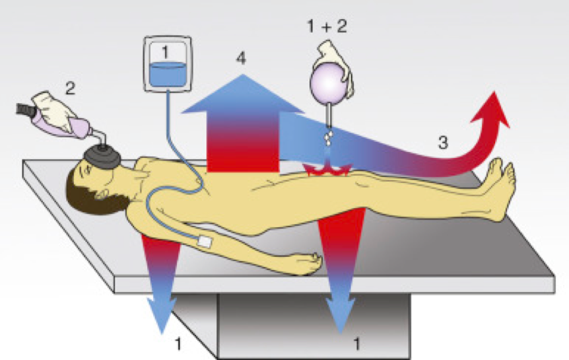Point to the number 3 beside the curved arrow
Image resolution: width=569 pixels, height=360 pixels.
click(444, 141)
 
